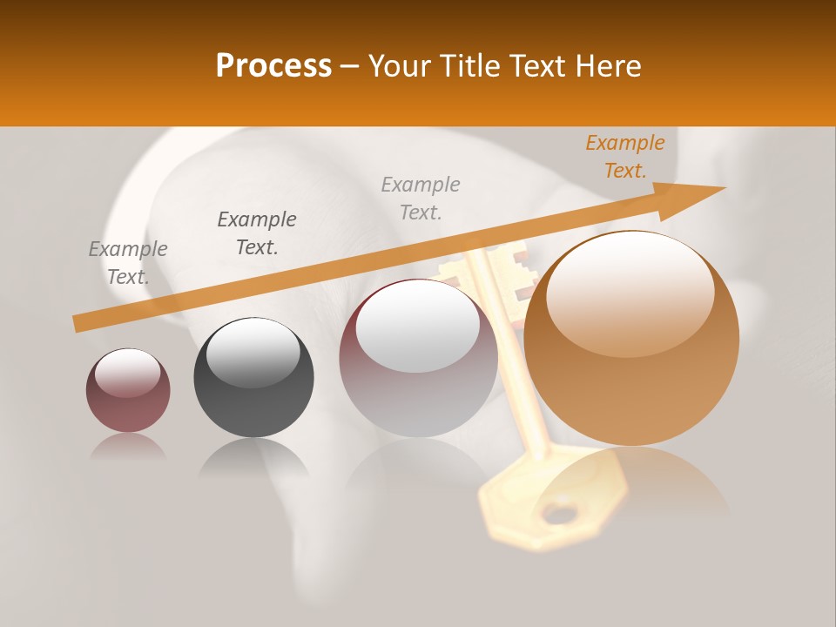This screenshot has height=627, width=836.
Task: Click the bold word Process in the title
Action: pos(273,66)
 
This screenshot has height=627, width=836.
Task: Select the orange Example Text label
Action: pos(624,157)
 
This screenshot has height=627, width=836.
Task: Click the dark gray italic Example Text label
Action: pos(257,233)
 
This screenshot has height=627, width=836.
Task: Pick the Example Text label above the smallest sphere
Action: pos(128,263)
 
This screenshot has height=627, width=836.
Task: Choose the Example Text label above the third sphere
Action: pos(421,198)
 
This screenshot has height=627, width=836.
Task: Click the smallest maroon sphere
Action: pos(128,392)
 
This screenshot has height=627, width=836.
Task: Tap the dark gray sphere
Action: pos(253,379)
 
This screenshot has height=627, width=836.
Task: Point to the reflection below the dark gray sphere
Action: pos(253,457)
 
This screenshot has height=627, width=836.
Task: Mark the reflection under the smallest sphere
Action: pos(128,447)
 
